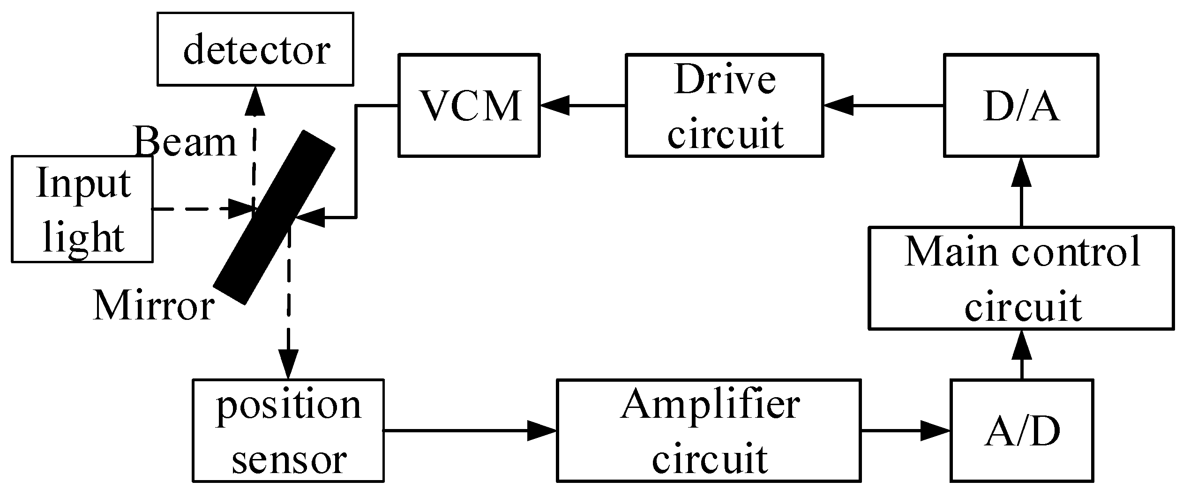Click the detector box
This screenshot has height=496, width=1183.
[255, 49]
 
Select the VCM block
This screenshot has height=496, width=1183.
[469, 105]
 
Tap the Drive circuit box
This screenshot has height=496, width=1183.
[724, 105]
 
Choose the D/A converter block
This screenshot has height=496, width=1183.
[1021, 105]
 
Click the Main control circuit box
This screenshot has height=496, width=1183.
[1021, 278]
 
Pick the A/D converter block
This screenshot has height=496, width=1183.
[1022, 430]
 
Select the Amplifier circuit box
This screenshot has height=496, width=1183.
[709, 430]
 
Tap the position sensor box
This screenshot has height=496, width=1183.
[288, 430]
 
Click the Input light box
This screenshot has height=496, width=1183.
[82, 209]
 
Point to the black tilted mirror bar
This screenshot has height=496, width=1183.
[274, 217]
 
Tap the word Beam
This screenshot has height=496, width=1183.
[186, 142]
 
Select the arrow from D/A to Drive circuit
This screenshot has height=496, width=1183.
[884, 105]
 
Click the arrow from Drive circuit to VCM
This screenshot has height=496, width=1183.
[583, 105]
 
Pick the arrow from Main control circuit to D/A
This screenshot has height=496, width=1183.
[1021, 192]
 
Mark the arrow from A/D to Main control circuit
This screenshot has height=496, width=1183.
[1021, 354]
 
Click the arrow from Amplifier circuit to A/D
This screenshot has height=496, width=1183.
[906, 430]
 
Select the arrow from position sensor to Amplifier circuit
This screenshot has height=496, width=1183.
[470, 430]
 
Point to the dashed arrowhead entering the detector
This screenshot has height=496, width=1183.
[255, 100]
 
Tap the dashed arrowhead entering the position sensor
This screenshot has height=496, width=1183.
[288, 364]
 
